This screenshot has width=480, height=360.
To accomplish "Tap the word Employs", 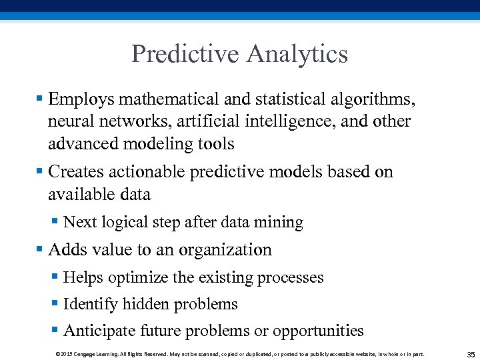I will pyautogui.click(x=81, y=100).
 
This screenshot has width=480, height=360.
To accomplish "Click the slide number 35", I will pyautogui.click(x=471, y=354).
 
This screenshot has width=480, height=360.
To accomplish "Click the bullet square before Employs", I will pyautogui.click(x=39, y=99).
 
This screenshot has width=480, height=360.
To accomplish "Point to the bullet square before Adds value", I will pyautogui.click(x=39, y=249).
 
